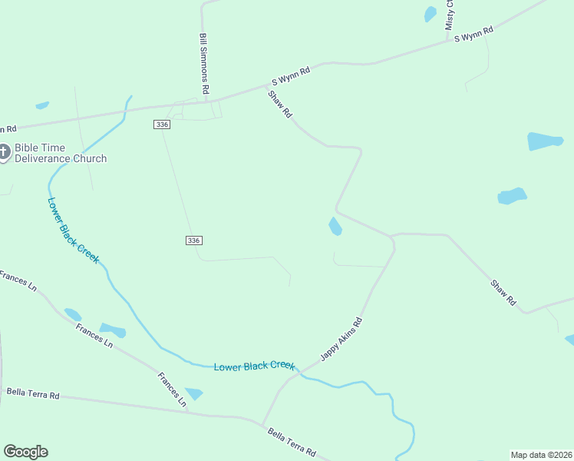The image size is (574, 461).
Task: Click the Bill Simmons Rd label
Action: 205,64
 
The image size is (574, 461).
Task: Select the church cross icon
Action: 4,153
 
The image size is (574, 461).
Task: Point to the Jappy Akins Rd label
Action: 341,339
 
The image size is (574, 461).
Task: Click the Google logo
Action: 25,452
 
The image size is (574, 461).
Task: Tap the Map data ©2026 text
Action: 541,455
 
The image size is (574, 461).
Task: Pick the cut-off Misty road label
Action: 450,15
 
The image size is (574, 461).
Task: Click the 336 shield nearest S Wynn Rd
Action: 161,124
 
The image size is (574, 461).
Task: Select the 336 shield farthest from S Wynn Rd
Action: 193,240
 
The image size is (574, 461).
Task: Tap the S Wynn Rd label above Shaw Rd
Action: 291,75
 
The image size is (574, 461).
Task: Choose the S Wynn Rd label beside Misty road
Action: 473,35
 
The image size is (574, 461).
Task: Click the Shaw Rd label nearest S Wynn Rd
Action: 280,104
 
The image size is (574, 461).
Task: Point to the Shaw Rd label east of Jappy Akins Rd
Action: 504,294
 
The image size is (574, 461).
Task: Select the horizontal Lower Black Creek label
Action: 254,366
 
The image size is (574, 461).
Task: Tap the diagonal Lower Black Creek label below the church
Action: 73,231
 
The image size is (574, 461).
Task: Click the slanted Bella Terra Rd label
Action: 292,443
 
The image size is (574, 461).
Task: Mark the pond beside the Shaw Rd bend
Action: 335,227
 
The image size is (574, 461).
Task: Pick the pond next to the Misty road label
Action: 430,14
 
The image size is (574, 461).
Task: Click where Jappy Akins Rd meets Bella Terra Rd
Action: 262,424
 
